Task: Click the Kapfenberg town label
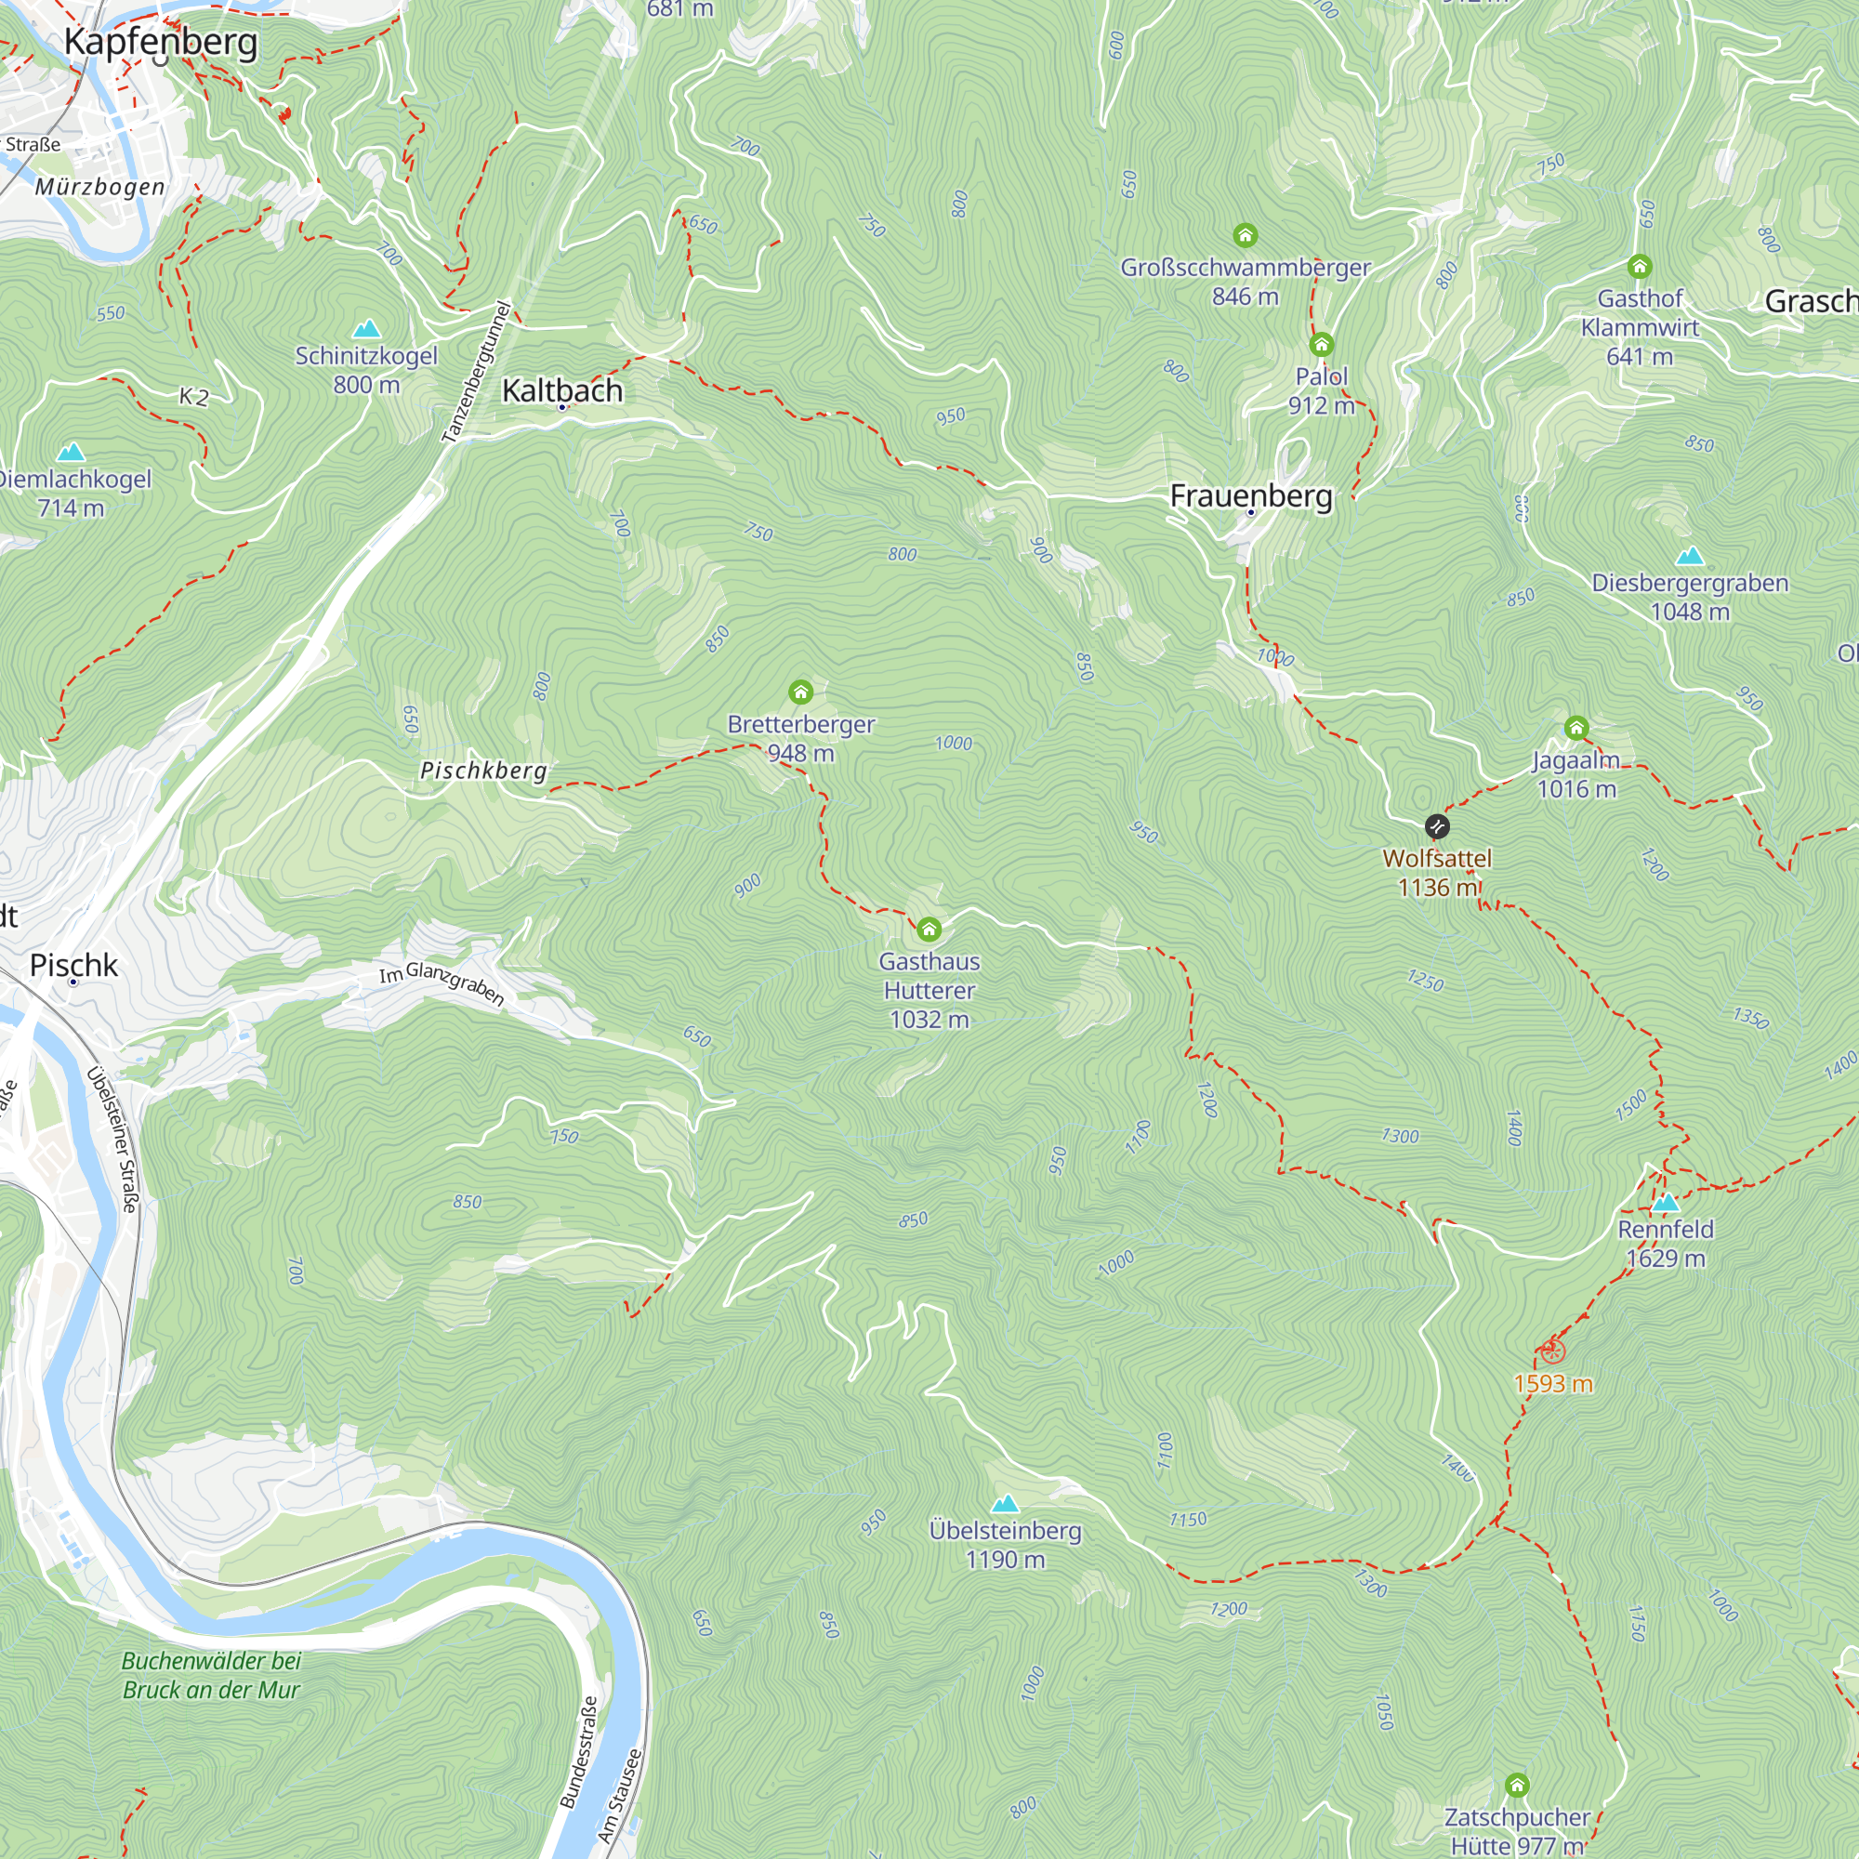[161, 43]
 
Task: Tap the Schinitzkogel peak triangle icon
[365, 329]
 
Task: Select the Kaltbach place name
[562, 390]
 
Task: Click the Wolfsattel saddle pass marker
[1436, 825]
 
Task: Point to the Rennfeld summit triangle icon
[1666, 1203]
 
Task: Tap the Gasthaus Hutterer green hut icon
[929, 929]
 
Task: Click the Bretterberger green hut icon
[800, 692]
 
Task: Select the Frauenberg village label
[1251, 495]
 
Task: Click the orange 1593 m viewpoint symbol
[1552, 1351]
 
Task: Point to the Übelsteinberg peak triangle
[1006, 1503]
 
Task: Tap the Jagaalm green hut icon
[1576, 728]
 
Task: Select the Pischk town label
[74, 965]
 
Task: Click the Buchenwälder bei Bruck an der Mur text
[211, 1675]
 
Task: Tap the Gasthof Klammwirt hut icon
[1640, 267]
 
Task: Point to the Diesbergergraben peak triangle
[1690, 556]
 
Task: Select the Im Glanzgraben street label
[442, 983]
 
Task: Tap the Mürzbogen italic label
[100, 187]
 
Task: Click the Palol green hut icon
[1321, 345]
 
